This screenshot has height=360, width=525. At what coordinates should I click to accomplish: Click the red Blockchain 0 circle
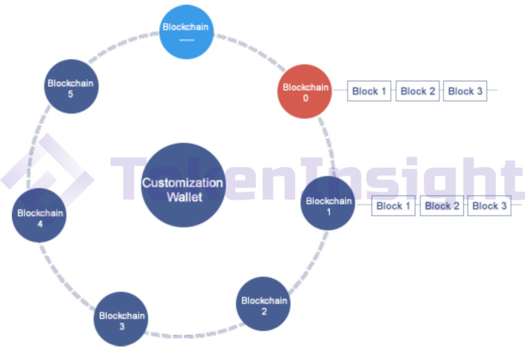[305, 91]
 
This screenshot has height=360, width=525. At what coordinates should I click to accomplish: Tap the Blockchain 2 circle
[263, 304]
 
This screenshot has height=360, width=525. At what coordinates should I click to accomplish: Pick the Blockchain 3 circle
[121, 319]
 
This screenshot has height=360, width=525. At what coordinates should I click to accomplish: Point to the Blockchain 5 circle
[71, 86]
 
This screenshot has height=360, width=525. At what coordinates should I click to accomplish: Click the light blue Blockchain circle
[186, 32]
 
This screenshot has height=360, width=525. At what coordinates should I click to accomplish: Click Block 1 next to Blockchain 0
[369, 91]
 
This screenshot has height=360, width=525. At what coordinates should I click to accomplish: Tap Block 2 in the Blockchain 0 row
[418, 91]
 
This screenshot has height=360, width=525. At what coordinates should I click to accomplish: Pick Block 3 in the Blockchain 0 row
[465, 91]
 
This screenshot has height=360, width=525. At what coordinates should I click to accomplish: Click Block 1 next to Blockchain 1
[393, 206]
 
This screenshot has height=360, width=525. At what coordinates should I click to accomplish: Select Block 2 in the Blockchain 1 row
[442, 206]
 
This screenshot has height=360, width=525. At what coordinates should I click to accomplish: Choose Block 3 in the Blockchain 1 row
[490, 206]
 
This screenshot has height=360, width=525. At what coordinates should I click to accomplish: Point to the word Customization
[182, 183]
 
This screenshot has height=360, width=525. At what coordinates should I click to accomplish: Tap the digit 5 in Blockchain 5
[70, 94]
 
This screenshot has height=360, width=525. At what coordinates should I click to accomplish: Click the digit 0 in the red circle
[305, 98]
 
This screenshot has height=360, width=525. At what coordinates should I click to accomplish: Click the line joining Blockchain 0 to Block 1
[340, 91]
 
